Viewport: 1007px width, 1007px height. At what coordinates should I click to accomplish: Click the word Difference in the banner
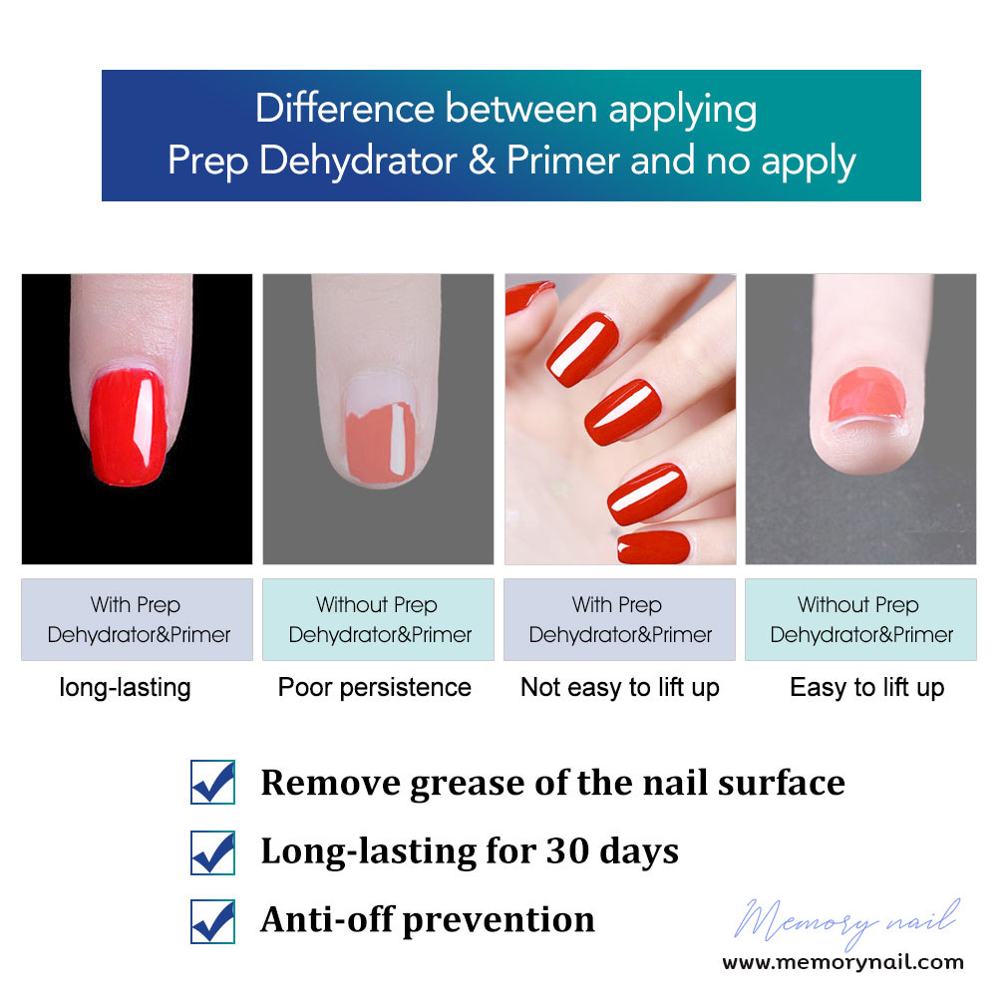pyautogui.click(x=345, y=108)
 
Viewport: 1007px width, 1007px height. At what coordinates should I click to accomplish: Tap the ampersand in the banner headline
pyautogui.click(x=481, y=160)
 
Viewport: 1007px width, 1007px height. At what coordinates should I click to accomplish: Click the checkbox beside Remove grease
pyautogui.click(x=212, y=782)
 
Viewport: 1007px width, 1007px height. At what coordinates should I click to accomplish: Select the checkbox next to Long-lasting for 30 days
pyautogui.click(x=212, y=852)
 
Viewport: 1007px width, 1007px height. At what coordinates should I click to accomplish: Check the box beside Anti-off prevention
pyautogui.click(x=212, y=921)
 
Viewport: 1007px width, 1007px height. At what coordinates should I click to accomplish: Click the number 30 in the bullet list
pyautogui.click(x=567, y=850)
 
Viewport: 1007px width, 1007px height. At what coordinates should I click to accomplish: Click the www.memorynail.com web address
pyautogui.click(x=843, y=962)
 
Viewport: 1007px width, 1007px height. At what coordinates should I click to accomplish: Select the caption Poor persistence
pyautogui.click(x=375, y=687)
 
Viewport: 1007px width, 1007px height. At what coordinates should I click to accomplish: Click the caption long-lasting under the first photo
pyautogui.click(x=126, y=688)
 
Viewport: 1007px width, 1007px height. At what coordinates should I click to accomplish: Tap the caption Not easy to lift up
pyautogui.click(x=620, y=688)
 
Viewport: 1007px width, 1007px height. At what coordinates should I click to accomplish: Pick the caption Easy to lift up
pyautogui.click(x=867, y=688)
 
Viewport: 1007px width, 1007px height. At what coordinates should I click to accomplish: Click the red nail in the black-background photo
pyautogui.click(x=128, y=427)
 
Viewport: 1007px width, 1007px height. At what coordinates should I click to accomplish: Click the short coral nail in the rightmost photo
pyautogui.click(x=866, y=394)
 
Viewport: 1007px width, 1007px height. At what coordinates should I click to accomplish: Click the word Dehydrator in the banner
pyautogui.click(x=358, y=160)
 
